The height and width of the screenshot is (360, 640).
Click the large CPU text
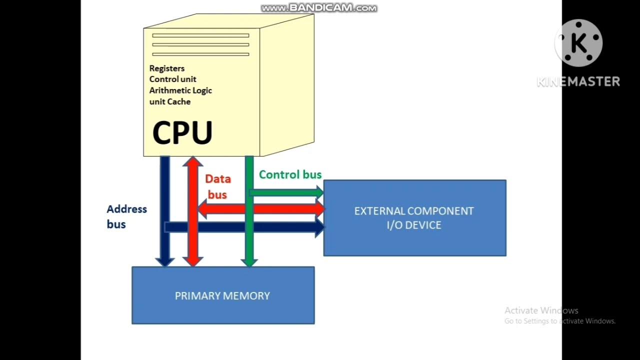tap(182, 133)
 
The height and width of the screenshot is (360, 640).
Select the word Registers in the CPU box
tap(167, 68)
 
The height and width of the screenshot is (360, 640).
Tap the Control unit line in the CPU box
tap(172, 79)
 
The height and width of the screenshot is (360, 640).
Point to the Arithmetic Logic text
tap(180, 90)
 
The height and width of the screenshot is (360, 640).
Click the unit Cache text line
tap(170, 101)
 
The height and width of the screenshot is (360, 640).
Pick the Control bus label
tap(290, 174)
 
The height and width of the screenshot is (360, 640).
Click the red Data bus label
tap(217, 186)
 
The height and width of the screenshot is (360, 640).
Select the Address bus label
tap(126, 216)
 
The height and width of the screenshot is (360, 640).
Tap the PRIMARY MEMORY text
tap(222, 296)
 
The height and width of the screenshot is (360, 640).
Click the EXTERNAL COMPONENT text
tap(414, 211)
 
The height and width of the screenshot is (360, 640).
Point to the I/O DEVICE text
tap(414, 225)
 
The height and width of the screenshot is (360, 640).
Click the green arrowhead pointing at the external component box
tap(318, 191)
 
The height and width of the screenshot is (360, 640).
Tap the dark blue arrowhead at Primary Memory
tap(164, 261)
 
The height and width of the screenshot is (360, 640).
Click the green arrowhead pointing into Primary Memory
tap(249, 261)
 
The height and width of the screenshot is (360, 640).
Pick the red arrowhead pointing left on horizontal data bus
tap(202, 208)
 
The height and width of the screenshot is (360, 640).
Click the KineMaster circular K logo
tap(578, 43)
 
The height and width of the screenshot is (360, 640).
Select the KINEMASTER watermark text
tap(578, 81)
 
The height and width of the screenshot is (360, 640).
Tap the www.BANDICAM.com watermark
tap(319, 8)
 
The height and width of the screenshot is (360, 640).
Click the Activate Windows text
tap(541, 310)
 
